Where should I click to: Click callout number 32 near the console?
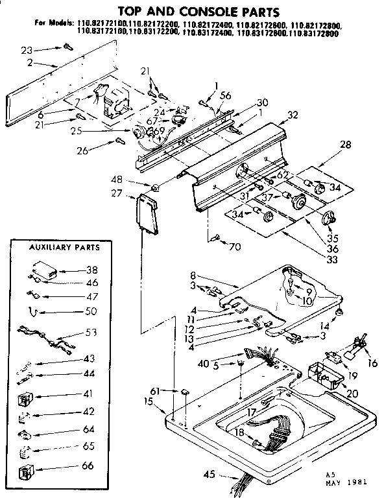tap(293, 115)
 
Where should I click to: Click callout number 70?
tap(234, 246)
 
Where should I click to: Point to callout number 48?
tap(136, 180)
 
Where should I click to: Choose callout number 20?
tap(352, 394)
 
